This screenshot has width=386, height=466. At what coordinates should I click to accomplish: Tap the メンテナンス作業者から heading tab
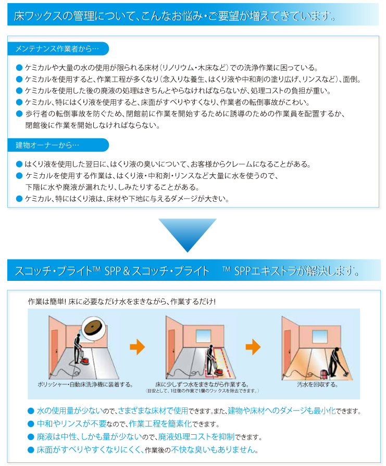[x=57, y=48]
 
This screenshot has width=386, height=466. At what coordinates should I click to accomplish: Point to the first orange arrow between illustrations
[x=138, y=347]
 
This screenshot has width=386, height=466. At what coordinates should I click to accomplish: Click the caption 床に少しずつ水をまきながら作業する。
[x=201, y=384]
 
